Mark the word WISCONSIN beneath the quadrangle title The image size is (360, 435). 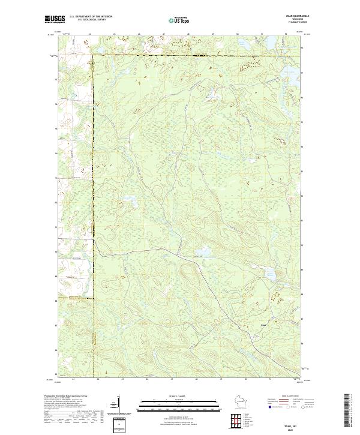(281, 20)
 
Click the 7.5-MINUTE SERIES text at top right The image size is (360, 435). (281, 23)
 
